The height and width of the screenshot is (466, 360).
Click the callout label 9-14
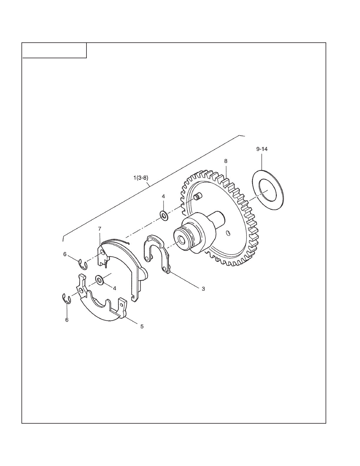tap(262, 149)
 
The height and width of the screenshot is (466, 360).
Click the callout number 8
tap(226, 161)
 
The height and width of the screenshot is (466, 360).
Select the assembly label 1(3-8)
tap(141, 178)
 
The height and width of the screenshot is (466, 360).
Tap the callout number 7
tap(99, 229)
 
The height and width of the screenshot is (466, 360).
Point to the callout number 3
tap(203, 289)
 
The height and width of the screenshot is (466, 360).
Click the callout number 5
tap(142, 326)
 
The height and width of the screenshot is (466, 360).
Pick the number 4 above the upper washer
tap(164, 197)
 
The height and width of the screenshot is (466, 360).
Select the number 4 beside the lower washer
tap(115, 288)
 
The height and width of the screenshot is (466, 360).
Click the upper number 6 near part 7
tap(65, 254)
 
